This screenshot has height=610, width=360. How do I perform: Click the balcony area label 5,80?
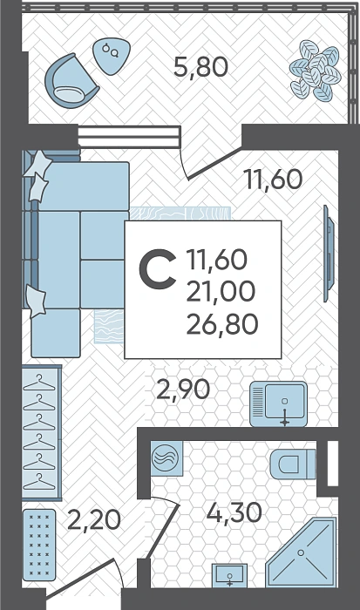200,67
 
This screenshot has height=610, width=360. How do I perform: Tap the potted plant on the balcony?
316,71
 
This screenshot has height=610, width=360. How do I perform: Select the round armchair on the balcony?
71,79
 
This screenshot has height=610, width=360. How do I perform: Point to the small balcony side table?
112,56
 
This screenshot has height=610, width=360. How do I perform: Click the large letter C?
157,269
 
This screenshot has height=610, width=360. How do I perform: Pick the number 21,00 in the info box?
221,292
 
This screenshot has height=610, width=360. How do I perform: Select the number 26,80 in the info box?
222,324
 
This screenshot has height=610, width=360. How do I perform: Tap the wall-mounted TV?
329,254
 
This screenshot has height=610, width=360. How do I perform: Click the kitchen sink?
278,403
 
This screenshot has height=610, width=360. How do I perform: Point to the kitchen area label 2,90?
183,390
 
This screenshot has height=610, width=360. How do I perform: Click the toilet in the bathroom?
293,464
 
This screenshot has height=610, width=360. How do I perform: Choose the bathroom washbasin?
229,575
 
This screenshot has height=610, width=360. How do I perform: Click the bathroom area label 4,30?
234,512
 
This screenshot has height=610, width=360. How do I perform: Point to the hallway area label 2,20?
94,520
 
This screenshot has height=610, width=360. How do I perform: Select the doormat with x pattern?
39,545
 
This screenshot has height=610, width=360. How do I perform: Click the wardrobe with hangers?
42,432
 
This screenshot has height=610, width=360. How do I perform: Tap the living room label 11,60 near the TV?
273,180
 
